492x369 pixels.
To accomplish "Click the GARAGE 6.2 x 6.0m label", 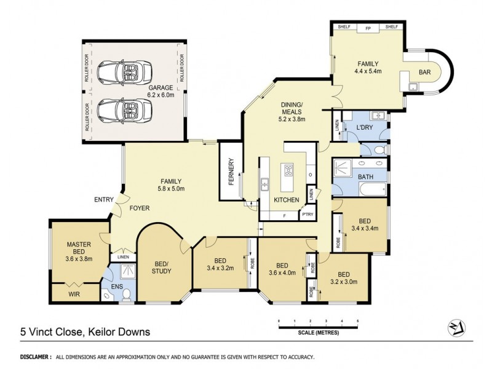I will point(161,92).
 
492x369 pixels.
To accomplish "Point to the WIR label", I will point(75,295).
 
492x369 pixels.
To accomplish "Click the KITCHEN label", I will point(287,200).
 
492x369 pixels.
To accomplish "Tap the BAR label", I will point(424,73).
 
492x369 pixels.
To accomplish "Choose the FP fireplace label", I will point(368,28).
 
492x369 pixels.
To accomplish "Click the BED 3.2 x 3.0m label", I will point(343,279).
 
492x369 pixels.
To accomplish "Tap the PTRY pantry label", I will point(306,215).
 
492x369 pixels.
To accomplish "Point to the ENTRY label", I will point(103,200).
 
